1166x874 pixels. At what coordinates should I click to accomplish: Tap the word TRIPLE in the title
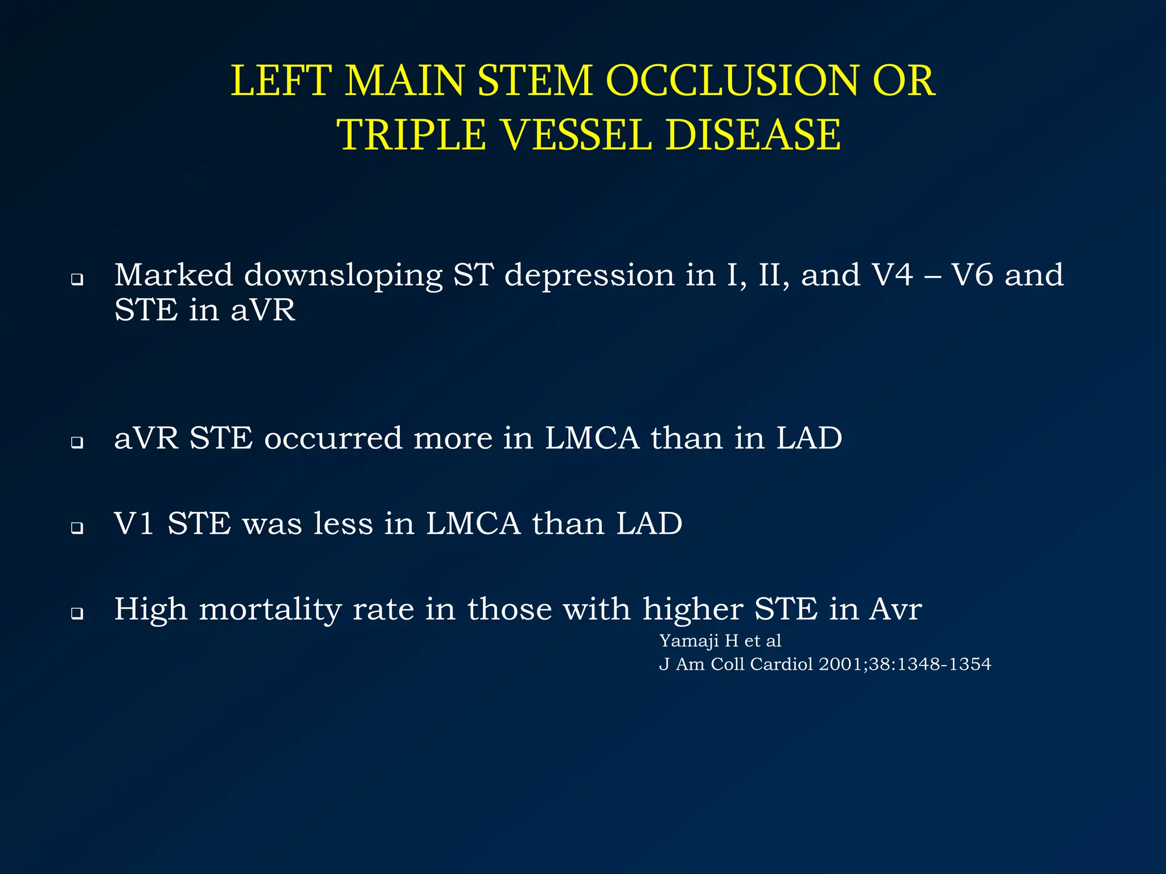click(411, 135)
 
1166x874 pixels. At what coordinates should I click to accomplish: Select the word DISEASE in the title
click(753, 135)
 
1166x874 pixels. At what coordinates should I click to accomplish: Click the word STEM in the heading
click(535, 81)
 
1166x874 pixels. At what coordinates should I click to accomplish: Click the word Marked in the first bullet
click(174, 275)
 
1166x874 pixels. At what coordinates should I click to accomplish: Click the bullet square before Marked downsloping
click(77, 280)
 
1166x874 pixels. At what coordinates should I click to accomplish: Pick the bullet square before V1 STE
click(77, 528)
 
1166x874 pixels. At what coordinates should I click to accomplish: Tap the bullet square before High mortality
click(77, 613)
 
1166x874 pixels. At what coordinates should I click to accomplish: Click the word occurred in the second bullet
click(332, 439)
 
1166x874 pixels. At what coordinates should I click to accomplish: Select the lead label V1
click(134, 523)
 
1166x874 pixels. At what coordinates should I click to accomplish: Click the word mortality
click(270, 610)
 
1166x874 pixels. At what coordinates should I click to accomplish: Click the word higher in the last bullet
click(692, 610)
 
